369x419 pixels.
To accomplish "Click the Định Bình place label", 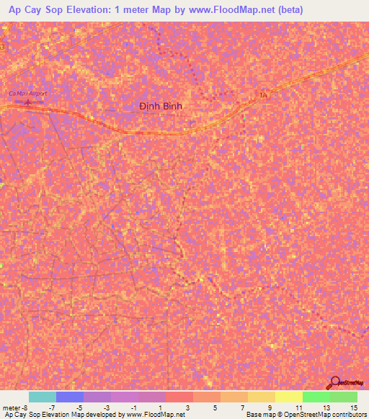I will point(161,106).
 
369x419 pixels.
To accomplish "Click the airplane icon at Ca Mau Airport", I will point(28,102).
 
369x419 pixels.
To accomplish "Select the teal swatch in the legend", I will point(42,397).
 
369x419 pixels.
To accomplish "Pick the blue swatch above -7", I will point(69,397).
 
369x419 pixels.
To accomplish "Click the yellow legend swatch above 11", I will point(288,397).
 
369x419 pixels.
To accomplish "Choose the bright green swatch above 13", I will point(316,397).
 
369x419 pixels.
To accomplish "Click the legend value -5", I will point(79,407).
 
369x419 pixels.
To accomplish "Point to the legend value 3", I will point(187,407).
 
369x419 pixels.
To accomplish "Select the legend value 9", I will point(270,407).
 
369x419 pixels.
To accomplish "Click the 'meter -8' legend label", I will point(14,407).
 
